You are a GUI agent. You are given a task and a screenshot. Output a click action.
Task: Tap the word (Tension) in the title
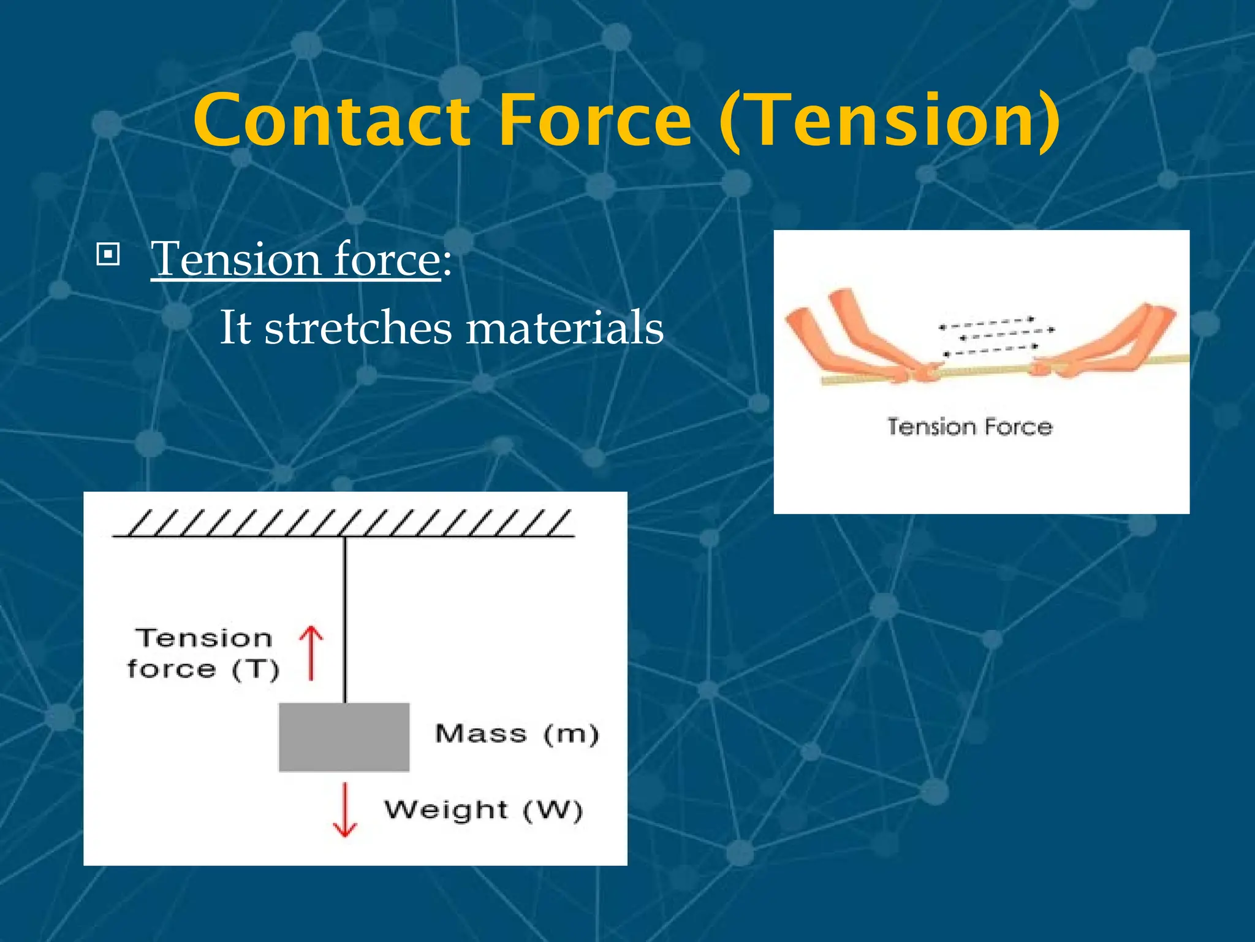click(889, 121)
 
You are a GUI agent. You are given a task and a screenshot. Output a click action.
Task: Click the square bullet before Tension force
click(108, 255)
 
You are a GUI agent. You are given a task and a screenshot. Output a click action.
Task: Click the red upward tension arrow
click(311, 653)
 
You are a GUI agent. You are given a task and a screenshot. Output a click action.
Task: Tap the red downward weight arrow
click(345, 810)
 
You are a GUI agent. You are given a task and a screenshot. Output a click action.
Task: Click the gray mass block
click(344, 737)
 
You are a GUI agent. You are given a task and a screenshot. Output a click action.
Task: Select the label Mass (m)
click(516, 733)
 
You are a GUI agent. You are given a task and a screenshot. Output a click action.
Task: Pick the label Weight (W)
click(483, 810)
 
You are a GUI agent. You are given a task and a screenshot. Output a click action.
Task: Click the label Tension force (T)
click(203, 654)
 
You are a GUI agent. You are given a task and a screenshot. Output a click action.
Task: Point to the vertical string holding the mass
click(345, 619)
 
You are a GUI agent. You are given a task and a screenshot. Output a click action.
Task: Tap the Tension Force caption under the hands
click(969, 426)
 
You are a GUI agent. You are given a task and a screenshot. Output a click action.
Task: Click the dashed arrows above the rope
click(996, 336)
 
